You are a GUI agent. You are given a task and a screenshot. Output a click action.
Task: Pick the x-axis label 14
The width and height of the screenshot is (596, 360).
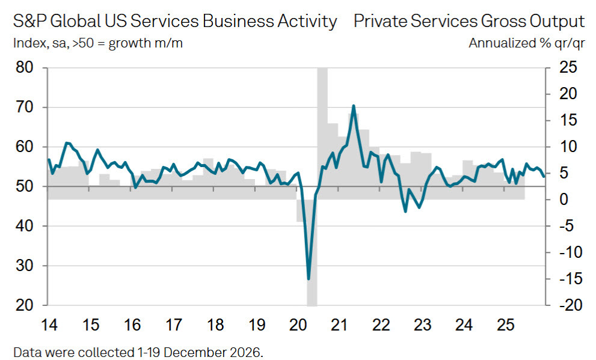click(49, 326)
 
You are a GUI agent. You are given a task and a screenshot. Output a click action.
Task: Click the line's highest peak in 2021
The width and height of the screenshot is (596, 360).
click(353, 106)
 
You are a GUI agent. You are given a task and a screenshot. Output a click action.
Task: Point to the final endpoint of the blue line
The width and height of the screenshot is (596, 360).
click(544, 177)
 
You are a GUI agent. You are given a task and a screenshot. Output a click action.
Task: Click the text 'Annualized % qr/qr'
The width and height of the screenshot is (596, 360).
click(526, 43)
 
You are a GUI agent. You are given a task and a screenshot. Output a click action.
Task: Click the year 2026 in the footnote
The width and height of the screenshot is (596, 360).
click(247, 352)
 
